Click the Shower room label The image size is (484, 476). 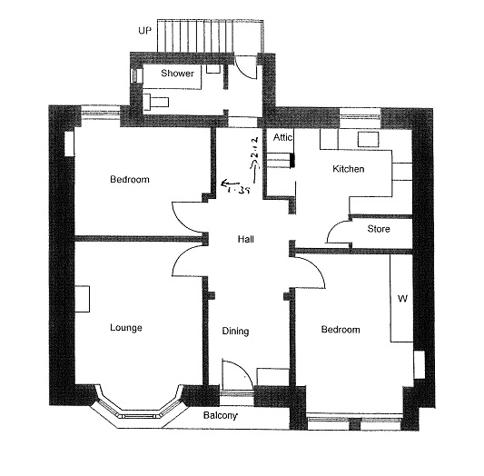tap(177, 74)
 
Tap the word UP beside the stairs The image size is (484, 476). tap(144, 31)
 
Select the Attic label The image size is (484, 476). tap(282, 137)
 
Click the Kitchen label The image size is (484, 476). tap(349, 169)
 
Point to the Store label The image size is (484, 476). tap(379, 229)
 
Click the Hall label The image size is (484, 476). tap(246, 239)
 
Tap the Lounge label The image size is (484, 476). tap(126, 328)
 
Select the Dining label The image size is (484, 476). tap(235, 332)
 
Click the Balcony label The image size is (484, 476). tap(221, 415)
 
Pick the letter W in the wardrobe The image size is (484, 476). tap(402, 299)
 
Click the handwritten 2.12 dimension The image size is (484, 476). tap(256, 152)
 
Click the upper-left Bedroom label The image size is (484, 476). tap(130, 179)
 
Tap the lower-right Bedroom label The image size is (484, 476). tap(341, 330)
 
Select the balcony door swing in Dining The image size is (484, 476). tap(245, 369)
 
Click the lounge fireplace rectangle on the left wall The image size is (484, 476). tap(83, 299)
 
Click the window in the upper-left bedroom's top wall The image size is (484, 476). tap(101, 113)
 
